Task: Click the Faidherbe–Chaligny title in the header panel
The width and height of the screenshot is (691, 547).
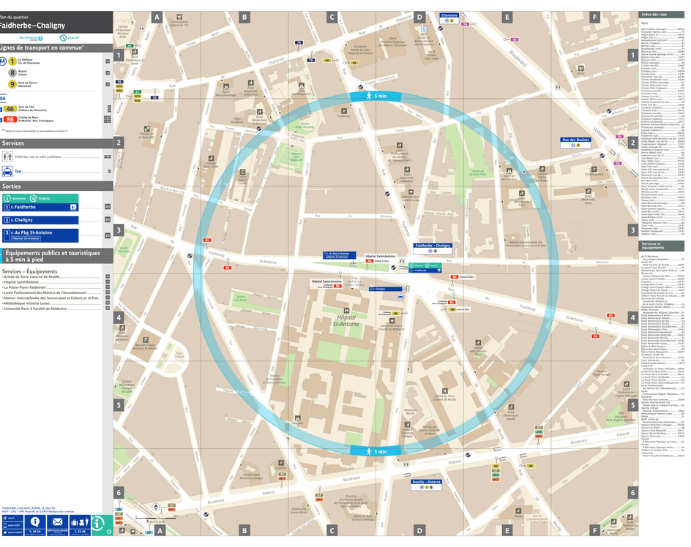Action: click(32, 26)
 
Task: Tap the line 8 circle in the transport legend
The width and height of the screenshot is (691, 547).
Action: click(12, 72)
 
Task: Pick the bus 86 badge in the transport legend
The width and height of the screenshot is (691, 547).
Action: click(10, 119)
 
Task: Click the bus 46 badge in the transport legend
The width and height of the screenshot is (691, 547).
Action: click(10, 109)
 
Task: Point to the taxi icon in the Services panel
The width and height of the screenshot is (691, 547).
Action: click(7, 171)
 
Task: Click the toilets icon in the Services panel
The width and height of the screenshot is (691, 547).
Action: click(7, 156)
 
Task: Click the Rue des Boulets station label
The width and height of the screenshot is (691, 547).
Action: click(575, 141)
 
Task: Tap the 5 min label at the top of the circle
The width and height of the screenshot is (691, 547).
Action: click(377, 96)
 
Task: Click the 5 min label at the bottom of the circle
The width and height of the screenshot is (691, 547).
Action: click(377, 452)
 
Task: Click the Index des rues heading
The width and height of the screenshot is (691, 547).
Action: click(654, 15)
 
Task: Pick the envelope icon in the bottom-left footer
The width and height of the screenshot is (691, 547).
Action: click(57, 522)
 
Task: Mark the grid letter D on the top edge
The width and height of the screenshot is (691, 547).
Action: click(419, 16)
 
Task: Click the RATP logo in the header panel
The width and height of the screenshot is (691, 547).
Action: click(64, 38)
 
